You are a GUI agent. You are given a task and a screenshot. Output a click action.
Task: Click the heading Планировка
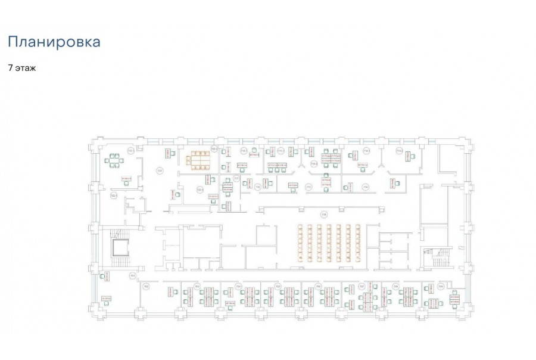tap(54, 42)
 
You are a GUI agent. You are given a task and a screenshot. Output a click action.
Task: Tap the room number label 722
tap(160, 171)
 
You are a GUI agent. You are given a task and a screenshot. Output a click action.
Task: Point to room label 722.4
tap(113, 195)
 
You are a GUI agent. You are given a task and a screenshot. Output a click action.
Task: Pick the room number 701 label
tap(133, 275)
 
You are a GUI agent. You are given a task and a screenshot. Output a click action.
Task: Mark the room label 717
tap(236, 178)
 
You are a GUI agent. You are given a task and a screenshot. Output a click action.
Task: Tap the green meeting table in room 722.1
tap(114, 160)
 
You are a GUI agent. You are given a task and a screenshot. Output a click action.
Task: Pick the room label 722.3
tap(201, 190)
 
